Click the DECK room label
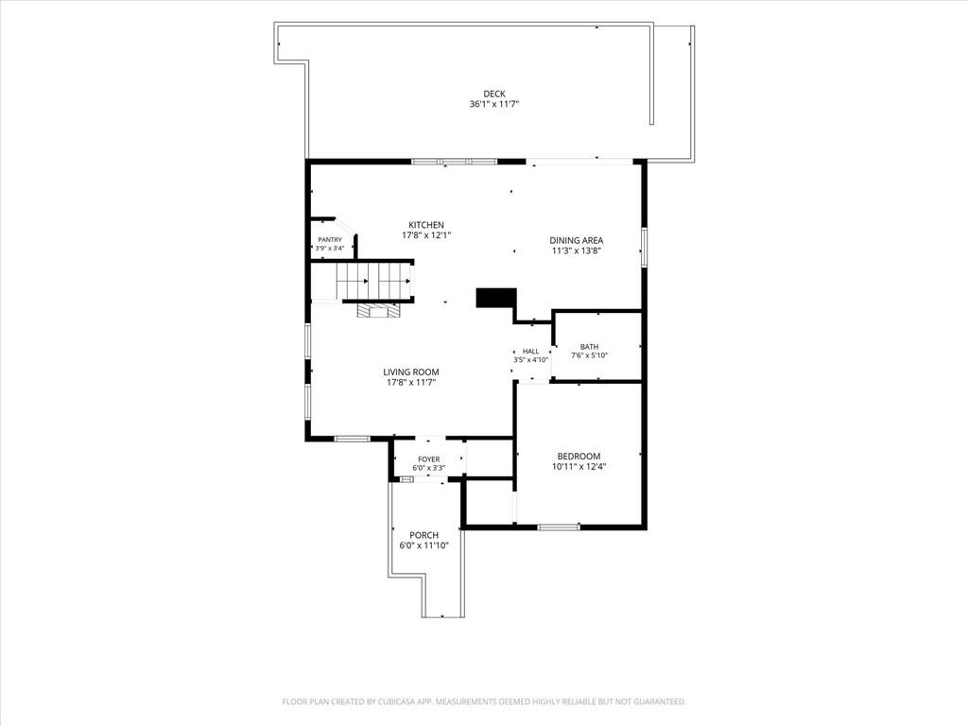pyautogui.click(x=493, y=94)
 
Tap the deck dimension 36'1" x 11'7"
pyautogui.click(x=493, y=104)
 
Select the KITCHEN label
pyautogui.click(x=426, y=225)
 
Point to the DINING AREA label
pyautogui.click(x=576, y=240)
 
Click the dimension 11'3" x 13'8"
pyautogui.click(x=576, y=251)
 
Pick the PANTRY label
pyautogui.click(x=330, y=239)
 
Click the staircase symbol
pyautogui.click(x=374, y=282)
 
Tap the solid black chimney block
pyautogui.click(x=495, y=298)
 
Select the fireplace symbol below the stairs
pyautogui.click(x=377, y=310)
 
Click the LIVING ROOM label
pyautogui.click(x=411, y=372)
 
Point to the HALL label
pyautogui.click(x=531, y=352)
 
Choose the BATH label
pyautogui.click(x=589, y=347)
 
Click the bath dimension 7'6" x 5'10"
pyautogui.click(x=589, y=355)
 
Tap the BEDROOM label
pyautogui.click(x=579, y=457)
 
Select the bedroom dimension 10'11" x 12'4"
pyautogui.click(x=579, y=467)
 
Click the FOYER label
pyautogui.click(x=429, y=459)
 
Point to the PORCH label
pyautogui.click(x=424, y=535)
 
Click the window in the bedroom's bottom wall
pyautogui.click(x=559, y=527)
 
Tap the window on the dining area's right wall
pyautogui.click(x=643, y=247)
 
